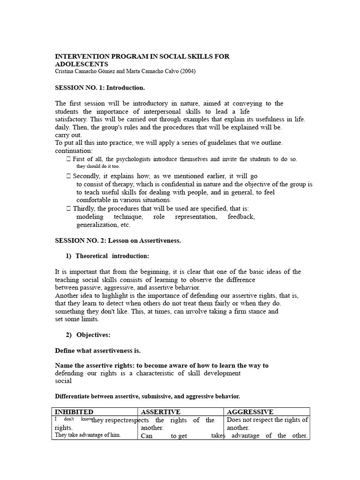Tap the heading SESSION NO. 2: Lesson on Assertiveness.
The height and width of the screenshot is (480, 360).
coord(118,240)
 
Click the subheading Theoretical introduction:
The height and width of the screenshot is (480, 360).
coord(112,256)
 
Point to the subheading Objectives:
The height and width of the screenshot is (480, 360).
coord(94,335)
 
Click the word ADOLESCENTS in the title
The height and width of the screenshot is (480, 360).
coord(82,64)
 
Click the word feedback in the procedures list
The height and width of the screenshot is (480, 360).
coord(241,217)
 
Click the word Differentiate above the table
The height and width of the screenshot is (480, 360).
coord(75,396)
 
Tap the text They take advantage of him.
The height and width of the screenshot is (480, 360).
coord(88,435)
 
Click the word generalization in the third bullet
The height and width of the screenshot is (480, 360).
coord(97,225)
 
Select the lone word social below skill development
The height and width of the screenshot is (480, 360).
coord(63,381)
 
